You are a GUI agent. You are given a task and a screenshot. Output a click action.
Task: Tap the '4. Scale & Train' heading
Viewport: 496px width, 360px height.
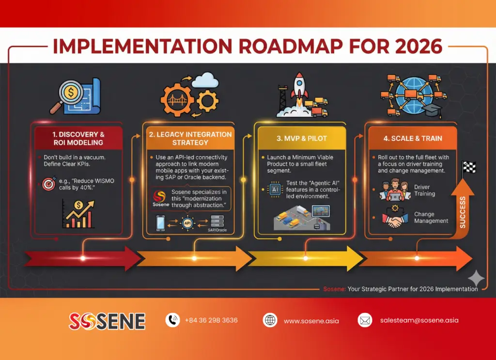[413, 138]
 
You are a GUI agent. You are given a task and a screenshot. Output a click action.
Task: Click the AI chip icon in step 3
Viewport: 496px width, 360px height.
[275, 190]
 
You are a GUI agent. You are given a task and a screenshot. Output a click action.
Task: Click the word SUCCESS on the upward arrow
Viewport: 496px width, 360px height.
[462, 212]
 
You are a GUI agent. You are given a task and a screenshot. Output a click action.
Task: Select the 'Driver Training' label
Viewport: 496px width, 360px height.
[425, 190]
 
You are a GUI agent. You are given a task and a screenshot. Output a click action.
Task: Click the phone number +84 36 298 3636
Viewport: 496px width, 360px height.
[211, 320]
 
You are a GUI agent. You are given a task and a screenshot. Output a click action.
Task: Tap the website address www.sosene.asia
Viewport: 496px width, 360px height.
[311, 321]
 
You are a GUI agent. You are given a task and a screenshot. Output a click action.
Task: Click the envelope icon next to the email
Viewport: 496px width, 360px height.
[364, 320]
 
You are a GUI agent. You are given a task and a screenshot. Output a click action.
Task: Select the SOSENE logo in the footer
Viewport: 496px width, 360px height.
[107, 321]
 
